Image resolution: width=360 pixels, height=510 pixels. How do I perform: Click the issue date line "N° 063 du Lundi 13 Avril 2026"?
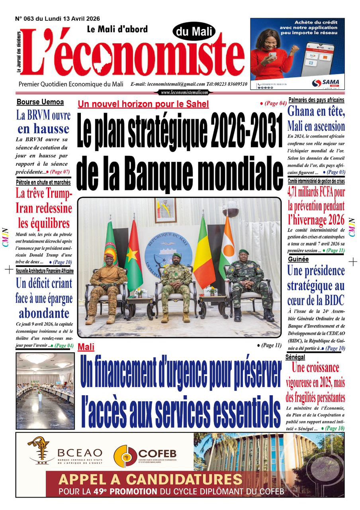click(57, 18)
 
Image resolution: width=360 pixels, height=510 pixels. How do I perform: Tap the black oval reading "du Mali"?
click(194, 31)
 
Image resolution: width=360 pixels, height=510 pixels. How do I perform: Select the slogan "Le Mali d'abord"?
click(117, 29)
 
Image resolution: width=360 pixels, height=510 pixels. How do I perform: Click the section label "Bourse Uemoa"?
click(40, 102)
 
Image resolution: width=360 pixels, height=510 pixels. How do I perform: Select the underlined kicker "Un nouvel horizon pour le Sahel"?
click(143, 104)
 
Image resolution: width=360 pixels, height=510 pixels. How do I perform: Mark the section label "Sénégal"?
click(295, 357)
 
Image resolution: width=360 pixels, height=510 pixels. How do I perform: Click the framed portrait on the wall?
click(165, 210)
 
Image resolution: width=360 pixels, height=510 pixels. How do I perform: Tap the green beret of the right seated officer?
click(244, 252)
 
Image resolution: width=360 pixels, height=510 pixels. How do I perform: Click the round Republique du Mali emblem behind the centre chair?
click(168, 247)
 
